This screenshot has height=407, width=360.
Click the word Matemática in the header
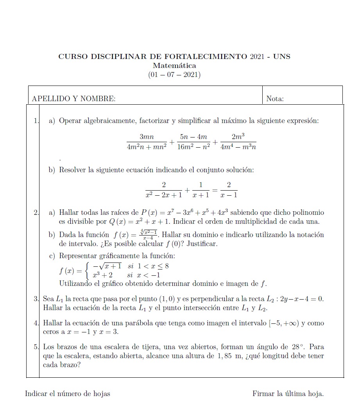pyautogui.click(x=174, y=65)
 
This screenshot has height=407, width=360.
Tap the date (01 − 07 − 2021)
pyautogui.click(x=174, y=74)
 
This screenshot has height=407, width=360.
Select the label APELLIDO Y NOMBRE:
pyautogui.click(x=73, y=99)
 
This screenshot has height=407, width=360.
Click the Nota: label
pyautogui.click(x=275, y=99)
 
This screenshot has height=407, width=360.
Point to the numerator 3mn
pyautogui.click(x=147, y=137)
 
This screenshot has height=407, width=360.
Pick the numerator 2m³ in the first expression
pyautogui.click(x=238, y=137)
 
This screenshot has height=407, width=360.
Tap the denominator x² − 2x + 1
pyautogui.click(x=163, y=195)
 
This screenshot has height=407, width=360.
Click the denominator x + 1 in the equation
pyautogui.click(x=201, y=195)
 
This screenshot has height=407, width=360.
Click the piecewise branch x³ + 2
pyautogui.click(x=102, y=275)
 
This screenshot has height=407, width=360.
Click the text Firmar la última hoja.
pyautogui.click(x=288, y=393)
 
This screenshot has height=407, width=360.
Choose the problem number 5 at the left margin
pyautogui.click(x=36, y=346)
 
